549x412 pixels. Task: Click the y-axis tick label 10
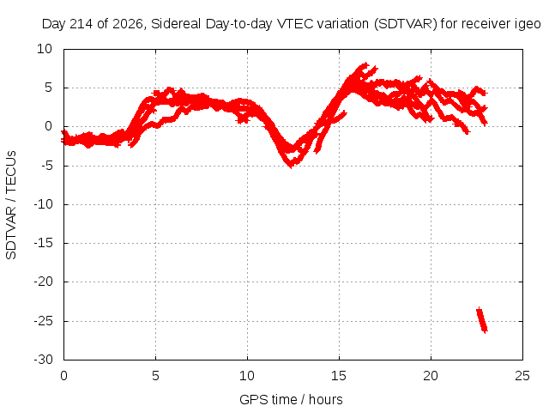tap(45, 49)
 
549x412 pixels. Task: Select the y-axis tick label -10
tap(43, 204)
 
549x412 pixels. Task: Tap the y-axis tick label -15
tap(43, 243)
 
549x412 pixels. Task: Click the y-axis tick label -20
tap(43, 282)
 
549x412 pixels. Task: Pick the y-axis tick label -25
tap(43, 321)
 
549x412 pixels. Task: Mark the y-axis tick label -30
tap(43, 360)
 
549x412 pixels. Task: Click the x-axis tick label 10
tap(247, 376)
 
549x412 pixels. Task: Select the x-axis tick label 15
tap(339, 376)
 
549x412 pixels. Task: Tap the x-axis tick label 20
tap(431, 376)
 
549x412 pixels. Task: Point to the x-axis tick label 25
tap(522, 376)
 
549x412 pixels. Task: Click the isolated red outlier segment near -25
tap(482, 320)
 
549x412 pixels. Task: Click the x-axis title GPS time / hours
tap(291, 400)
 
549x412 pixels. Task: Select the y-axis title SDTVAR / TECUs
tap(11, 205)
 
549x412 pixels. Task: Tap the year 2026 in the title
tap(128, 24)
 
